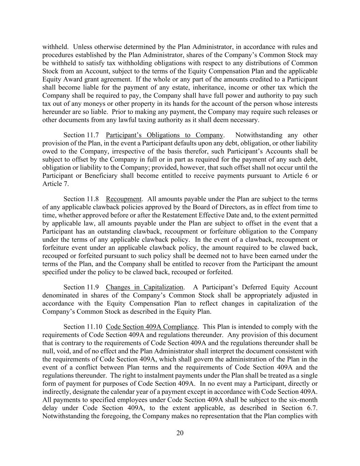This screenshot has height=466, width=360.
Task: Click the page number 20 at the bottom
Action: pyautogui.click(x=180, y=433)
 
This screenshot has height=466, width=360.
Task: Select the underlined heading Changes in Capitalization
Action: pyautogui.click(x=145, y=287)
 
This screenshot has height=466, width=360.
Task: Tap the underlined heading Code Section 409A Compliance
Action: pyautogui.click(x=152, y=327)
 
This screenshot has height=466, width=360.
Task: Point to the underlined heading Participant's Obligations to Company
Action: pyautogui.click(x=164, y=135)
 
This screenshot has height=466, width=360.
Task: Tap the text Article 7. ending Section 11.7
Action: pyautogui.click(x=56, y=184)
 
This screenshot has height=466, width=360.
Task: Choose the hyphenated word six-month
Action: pyautogui.click(x=302, y=400)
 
